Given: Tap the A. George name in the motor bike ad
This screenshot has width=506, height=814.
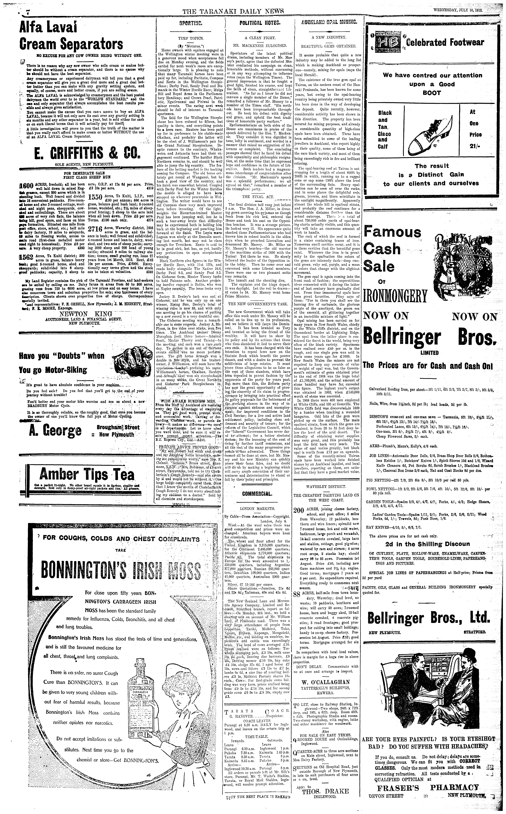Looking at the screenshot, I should [x=55, y=431].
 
